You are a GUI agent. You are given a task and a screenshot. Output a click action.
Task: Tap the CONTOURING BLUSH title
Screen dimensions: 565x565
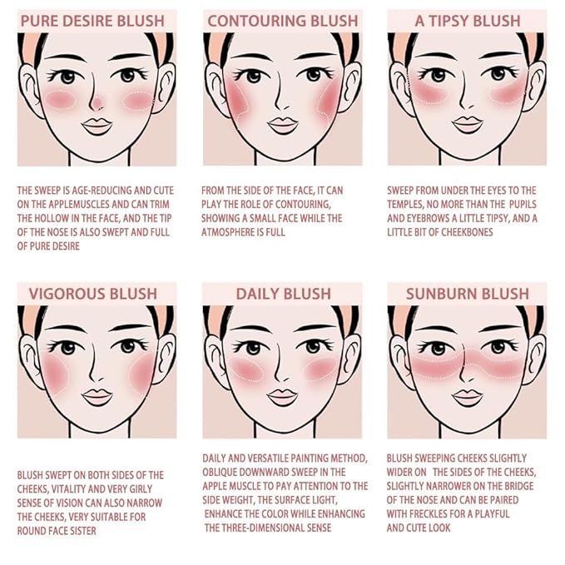[x=282, y=21]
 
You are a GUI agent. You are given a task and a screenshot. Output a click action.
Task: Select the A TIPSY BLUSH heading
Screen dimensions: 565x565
[x=467, y=21]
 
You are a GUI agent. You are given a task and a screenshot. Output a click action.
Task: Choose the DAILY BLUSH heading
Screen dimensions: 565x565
[x=282, y=294]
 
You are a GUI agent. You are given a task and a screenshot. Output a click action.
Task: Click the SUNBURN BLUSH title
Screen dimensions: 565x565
[x=467, y=294]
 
